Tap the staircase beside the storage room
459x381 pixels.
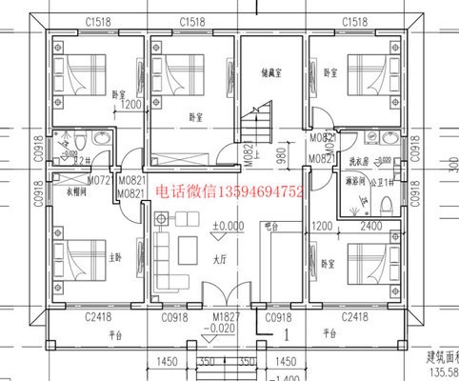pyautogui.click(x=255, y=124)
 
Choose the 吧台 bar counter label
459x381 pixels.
pyautogui.click(x=273, y=226)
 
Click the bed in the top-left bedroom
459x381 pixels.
pyautogui.click(x=86, y=70)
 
